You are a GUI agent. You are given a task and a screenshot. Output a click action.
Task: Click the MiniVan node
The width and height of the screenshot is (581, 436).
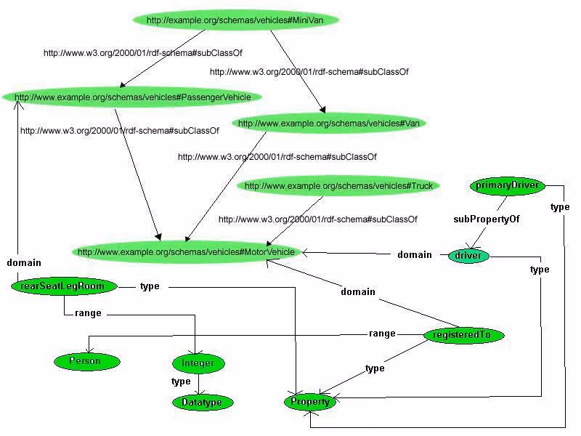click(235, 20)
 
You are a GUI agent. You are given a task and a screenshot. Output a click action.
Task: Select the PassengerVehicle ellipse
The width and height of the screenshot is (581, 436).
click(132, 97)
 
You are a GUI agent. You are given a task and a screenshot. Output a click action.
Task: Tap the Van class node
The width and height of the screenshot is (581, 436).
click(329, 123)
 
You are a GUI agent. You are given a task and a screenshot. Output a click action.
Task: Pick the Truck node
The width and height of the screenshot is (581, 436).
click(338, 185)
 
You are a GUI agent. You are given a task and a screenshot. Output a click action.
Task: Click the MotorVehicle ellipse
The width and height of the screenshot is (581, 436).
click(187, 252)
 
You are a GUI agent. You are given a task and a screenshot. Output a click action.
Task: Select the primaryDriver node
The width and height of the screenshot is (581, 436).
click(507, 185)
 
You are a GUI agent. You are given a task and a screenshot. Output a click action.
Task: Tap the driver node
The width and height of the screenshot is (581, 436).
click(468, 256)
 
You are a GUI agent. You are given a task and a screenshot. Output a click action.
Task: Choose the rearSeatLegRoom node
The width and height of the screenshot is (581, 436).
click(64, 286)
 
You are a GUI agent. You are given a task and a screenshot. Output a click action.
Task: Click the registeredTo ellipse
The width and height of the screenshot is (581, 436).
click(463, 335)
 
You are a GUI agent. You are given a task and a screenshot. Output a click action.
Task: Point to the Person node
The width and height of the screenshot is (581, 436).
click(86, 361)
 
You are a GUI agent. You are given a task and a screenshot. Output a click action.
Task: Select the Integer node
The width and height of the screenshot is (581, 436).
click(198, 363)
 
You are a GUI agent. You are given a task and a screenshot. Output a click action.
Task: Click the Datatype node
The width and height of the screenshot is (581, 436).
click(203, 403)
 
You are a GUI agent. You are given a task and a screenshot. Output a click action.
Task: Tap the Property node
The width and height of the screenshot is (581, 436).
click(310, 402)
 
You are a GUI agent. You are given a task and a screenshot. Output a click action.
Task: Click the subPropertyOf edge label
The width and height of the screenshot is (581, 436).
click(486, 219)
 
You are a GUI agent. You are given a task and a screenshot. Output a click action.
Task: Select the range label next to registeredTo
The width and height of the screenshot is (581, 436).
click(382, 334)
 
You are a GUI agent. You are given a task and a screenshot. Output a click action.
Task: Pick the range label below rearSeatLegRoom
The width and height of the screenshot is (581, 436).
click(88, 313)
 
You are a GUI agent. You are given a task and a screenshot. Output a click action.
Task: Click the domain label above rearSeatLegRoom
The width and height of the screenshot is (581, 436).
click(24, 263)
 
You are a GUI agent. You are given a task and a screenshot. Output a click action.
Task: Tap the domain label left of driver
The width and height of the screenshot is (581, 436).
click(415, 255)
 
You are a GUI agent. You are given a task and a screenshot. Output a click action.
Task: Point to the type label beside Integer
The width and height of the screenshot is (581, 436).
click(181, 381)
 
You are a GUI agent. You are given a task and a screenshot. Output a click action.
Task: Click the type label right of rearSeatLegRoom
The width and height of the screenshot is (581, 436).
click(150, 286)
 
